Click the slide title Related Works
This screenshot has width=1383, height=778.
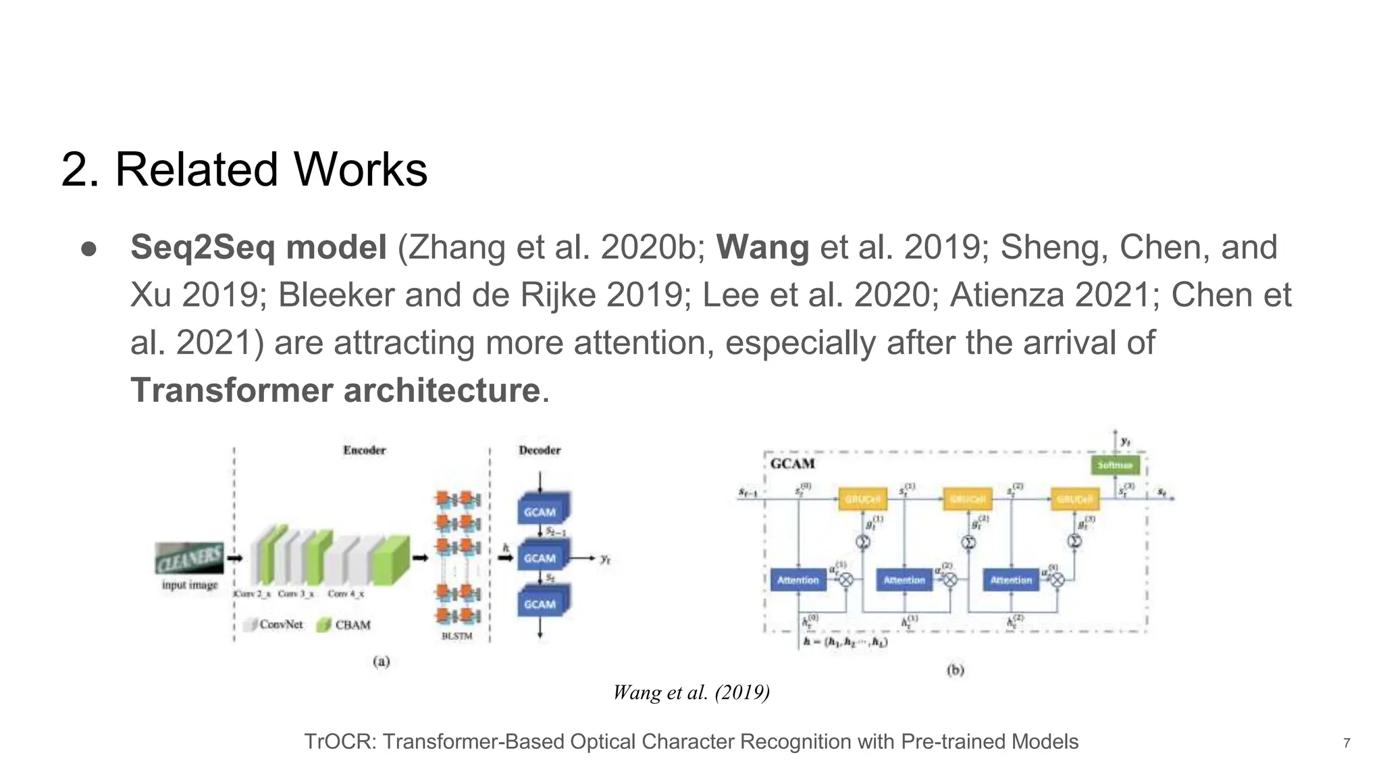(x=244, y=169)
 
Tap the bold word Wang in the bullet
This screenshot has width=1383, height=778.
(x=762, y=247)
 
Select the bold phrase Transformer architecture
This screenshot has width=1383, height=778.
(x=335, y=390)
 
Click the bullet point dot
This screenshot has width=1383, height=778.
(x=89, y=249)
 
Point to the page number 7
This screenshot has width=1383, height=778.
(x=1347, y=743)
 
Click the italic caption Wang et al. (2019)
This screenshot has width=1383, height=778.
(x=691, y=692)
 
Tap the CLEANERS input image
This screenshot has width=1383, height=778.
(x=190, y=558)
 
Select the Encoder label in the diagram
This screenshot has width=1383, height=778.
(x=364, y=450)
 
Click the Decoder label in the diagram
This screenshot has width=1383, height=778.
(x=540, y=450)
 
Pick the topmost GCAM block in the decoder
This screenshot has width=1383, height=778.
(x=540, y=512)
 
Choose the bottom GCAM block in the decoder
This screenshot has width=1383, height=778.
(x=540, y=604)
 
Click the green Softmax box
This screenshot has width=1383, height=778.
(x=1115, y=465)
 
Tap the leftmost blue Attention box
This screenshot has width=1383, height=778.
(x=798, y=580)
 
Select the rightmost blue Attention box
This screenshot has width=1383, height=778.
(x=1011, y=580)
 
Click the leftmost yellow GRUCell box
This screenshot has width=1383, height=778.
(x=862, y=499)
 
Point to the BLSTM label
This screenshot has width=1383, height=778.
(x=457, y=636)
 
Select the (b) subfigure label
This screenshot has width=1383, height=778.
(x=955, y=670)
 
